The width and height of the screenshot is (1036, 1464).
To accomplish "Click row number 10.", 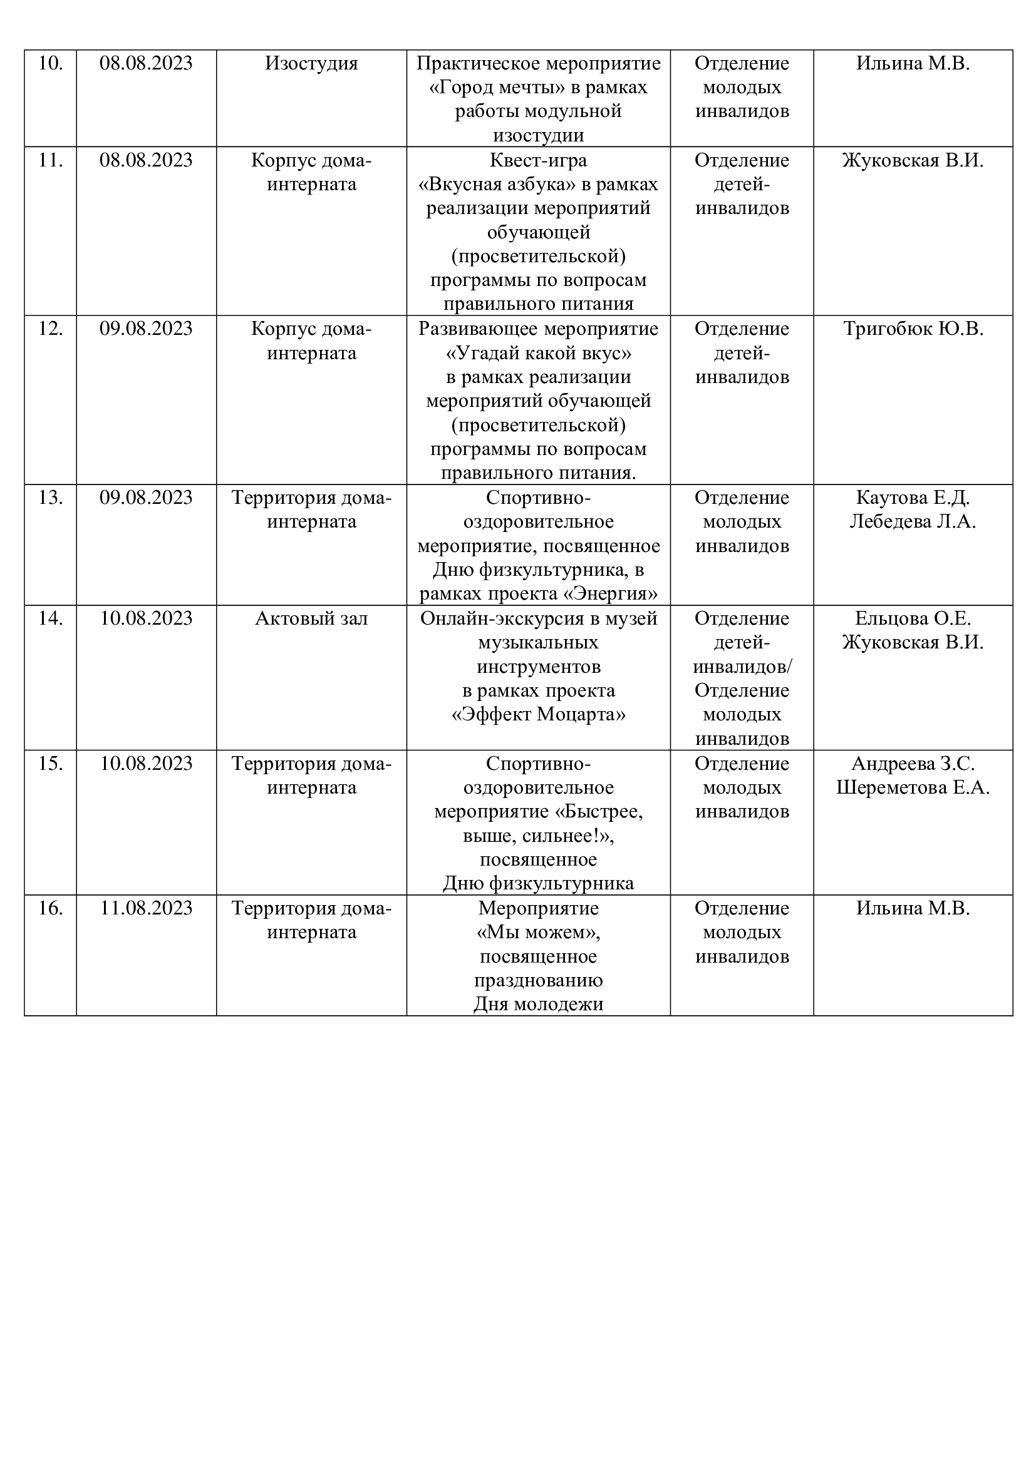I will click(50, 64).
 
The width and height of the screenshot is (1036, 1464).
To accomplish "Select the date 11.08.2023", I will click(146, 908).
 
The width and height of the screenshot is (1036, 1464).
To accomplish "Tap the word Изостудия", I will click(311, 64).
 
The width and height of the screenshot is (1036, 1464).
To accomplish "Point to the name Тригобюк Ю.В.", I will click(913, 329).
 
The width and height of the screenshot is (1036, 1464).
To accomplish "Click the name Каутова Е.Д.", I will click(913, 498).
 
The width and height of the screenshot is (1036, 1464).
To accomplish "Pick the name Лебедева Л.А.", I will click(913, 521).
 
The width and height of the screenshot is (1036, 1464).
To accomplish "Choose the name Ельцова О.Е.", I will click(913, 618).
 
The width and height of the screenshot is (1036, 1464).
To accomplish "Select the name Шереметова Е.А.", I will click(913, 787).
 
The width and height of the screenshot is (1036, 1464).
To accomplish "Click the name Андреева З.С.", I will click(913, 763).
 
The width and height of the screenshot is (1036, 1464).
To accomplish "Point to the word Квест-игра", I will click(539, 160).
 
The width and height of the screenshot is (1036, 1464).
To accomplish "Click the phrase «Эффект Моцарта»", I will click(539, 714).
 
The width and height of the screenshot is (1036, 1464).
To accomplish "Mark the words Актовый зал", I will click(311, 618).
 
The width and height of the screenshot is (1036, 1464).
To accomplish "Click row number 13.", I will click(50, 498).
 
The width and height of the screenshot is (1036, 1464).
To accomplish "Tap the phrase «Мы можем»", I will click(539, 932).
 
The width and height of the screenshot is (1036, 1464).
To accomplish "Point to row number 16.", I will click(50, 908).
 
